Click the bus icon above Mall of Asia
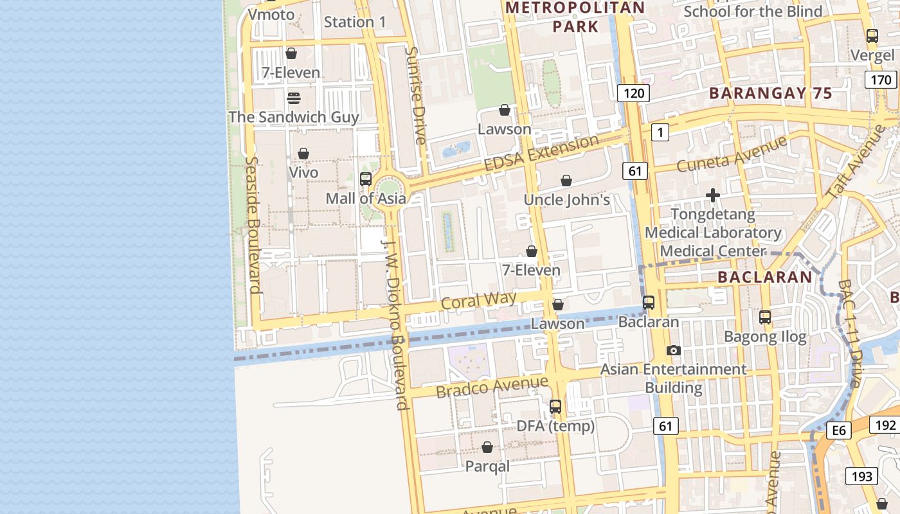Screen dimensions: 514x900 [x=366, y=179]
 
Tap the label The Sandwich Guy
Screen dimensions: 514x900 [x=294, y=117]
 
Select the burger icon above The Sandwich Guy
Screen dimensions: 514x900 [x=294, y=98]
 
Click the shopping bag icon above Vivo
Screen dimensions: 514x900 [x=303, y=154]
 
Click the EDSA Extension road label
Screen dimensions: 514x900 [x=541, y=153]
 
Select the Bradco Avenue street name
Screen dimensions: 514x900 [x=492, y=387]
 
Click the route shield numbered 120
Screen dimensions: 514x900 [x=634, y=93]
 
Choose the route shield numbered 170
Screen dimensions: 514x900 [x=880, y=80]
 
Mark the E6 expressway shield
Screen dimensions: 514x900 [x=839, y=430]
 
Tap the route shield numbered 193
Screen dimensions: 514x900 [x=861, y=476]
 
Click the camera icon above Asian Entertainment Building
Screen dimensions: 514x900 [x=673, y=351]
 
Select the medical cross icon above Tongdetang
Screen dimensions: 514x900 [x=712, y=195]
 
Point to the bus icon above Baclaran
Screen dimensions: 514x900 [x=649, y=303]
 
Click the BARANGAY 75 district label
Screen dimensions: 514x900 [x=770, y=93]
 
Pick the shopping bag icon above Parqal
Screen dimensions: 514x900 [x=487, y=447]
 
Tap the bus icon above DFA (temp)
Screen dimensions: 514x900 [x=555, y=407]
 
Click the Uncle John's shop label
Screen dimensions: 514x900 [x=566, y=200]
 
